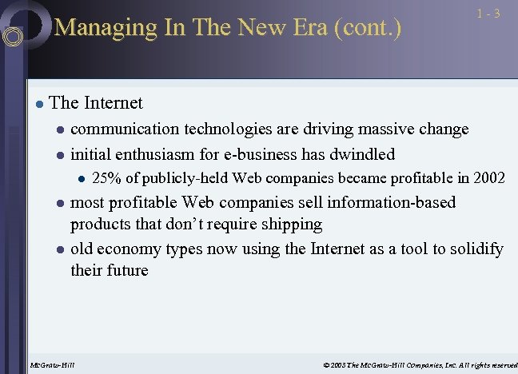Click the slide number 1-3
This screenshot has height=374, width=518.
[x=488, y=14]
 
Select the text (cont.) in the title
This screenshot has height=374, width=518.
[x=366, y=28]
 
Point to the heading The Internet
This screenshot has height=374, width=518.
[x=95, y=102]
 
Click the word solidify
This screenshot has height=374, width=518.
[x=473, y=249]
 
